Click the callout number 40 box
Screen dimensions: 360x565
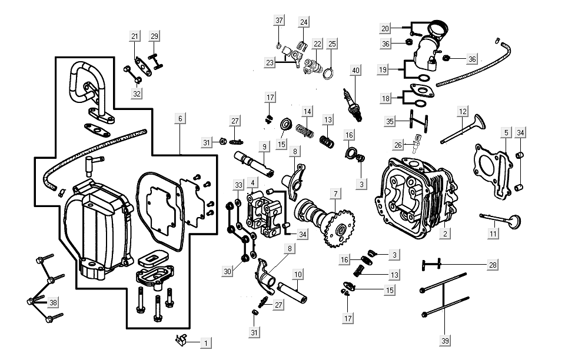click(355, 70)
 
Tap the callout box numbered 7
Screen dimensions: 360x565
click(335, 193)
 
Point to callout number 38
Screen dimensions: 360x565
click(54, 302)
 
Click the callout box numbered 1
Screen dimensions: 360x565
click(205, 342)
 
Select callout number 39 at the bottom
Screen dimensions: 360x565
click(445, 340)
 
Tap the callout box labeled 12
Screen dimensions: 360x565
click(463, 111)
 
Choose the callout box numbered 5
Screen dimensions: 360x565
click(504, 133)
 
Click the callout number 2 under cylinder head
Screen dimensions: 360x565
click(446, 234)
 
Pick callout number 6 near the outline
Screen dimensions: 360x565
click(180, 118)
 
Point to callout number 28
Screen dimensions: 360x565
click(492, 265)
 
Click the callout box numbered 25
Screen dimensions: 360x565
click(332, 44)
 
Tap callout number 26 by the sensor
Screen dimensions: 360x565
click(399, 145)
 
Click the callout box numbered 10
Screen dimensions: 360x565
click(298, 274)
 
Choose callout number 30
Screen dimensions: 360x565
click(228, 271)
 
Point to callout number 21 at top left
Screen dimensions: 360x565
click(135, 36)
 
